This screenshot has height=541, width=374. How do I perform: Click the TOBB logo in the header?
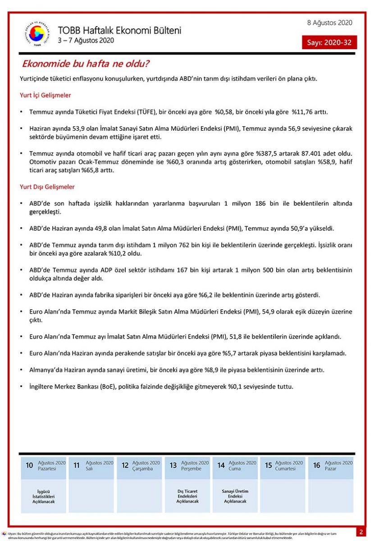(37, 33)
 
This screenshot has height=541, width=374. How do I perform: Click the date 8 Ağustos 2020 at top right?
(329, 23)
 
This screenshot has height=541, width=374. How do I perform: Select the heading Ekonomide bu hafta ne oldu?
(86, 64)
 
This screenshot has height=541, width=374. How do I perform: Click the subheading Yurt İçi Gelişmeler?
(46, 96)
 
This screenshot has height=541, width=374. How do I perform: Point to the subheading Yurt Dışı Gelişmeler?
(47, 187)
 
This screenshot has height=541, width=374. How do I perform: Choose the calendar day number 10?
(29, 465)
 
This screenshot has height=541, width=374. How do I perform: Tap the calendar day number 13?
(173, 465)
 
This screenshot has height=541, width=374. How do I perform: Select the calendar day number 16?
(317, 465)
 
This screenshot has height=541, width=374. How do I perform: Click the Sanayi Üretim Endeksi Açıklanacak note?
(235, 496)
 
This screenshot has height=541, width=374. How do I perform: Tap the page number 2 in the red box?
(361, 532)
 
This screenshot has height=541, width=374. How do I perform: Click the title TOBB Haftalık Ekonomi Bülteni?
(119, 31)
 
